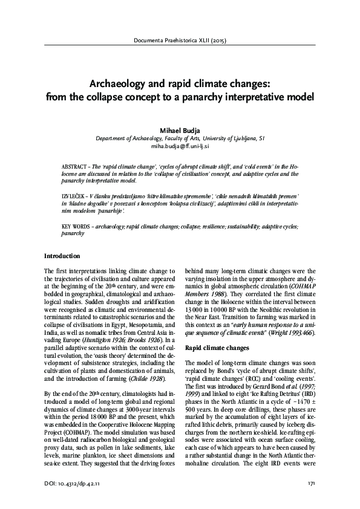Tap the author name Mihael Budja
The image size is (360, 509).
(x=180, y=129)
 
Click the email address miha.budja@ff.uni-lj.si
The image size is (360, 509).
(x=180, y=146)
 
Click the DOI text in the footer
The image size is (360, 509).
(x=74, y=482)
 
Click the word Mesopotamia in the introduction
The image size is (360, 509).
(x=137, y=316)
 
